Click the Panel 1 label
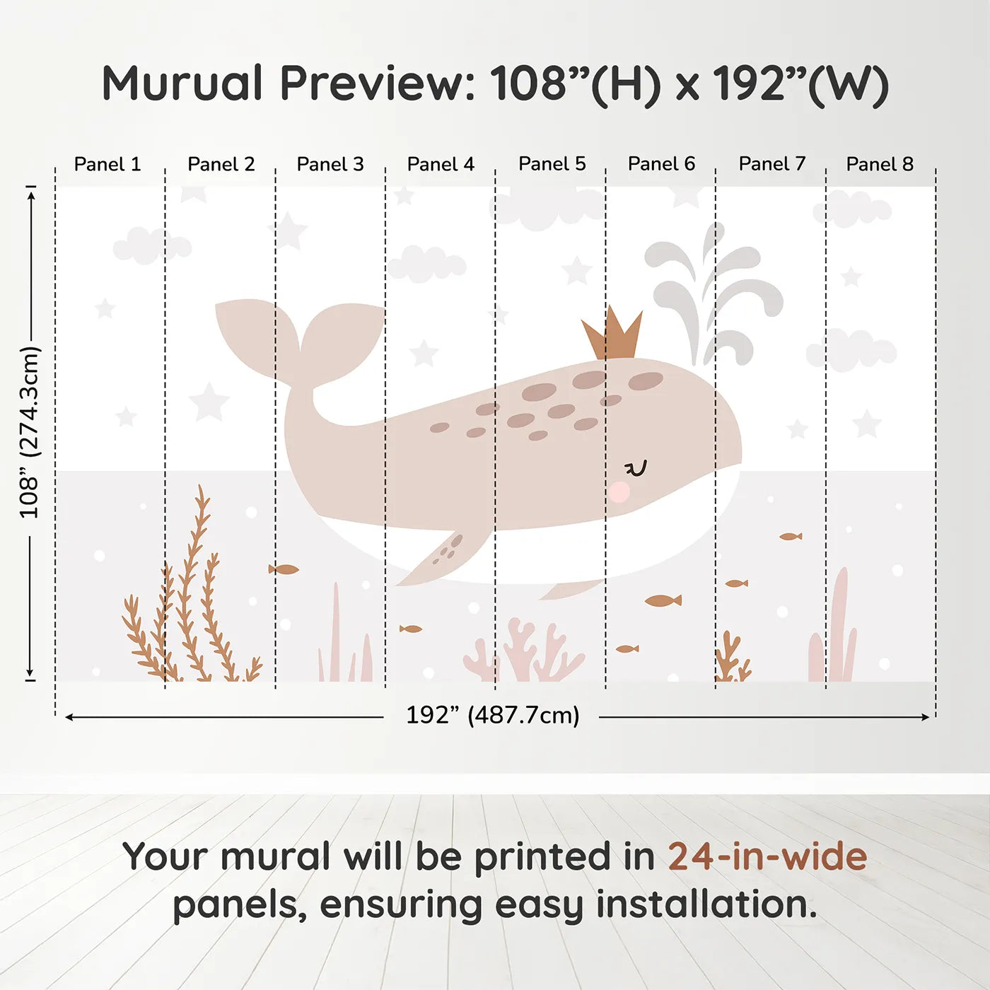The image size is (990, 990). pos(107,164)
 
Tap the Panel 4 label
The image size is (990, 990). pos(441,164)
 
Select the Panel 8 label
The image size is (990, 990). pos(880,164)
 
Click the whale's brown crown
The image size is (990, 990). pos(612,336)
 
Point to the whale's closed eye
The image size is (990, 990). pos(636,468)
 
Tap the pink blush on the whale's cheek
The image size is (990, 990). pos(619,491)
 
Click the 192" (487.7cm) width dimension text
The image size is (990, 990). pos(492,716)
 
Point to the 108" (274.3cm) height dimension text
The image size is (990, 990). pos(30,433)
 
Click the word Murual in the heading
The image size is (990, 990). pos(182,83)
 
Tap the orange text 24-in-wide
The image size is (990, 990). pos(767,857)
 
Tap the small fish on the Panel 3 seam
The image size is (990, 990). pos(284,569)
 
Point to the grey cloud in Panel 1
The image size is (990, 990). pos(151,245)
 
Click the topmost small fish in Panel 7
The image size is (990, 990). pos(791,537)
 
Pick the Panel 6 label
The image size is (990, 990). pos(661,164)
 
